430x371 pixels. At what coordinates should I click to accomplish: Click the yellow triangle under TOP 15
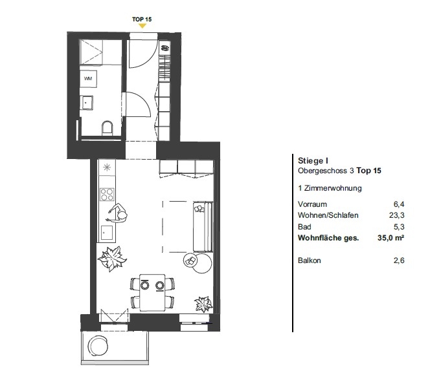142,26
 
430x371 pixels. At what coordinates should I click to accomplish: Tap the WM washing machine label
88,79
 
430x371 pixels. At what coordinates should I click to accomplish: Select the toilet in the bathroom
107,128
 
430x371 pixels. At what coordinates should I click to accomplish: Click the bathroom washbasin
87,103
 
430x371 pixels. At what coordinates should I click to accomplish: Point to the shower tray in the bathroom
91,52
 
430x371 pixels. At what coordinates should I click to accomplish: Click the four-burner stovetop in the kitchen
107,195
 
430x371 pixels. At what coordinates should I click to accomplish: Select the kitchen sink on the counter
107,233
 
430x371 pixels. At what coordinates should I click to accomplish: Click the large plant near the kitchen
112,258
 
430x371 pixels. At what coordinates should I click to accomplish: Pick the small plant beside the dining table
203,304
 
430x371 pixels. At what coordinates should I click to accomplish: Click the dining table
152,292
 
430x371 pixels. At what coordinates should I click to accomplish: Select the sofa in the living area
203,226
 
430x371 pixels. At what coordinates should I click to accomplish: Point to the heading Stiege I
313,161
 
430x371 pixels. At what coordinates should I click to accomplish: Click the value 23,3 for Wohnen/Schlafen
396,215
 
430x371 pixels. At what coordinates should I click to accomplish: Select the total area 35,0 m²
390,238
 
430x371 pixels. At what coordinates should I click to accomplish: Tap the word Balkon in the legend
310,260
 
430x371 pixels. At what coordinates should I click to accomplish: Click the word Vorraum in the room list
312,204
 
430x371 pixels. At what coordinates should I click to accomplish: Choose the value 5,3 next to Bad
399,227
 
